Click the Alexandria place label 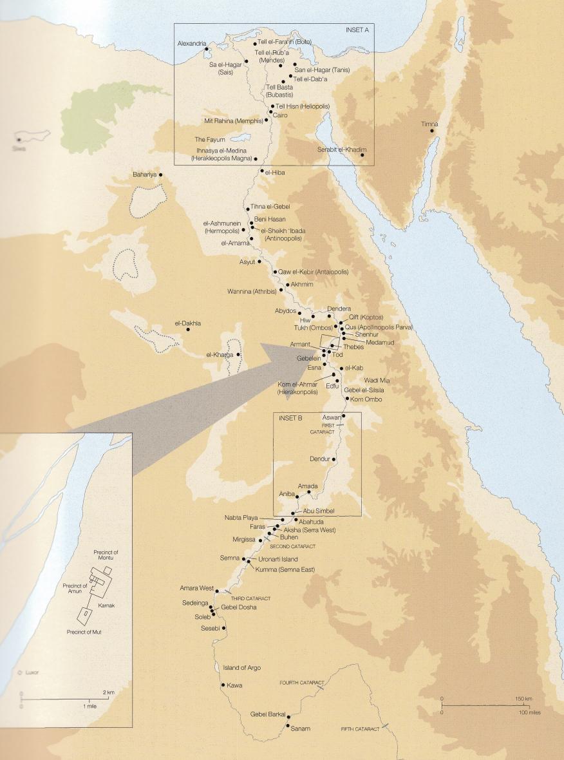click(192, 44)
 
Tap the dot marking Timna click(432, 131)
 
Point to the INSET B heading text click(290, 419)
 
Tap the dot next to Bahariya click(160, 175)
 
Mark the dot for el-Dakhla click(188, 330)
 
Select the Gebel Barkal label click(267, 714)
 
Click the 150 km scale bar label click(523, 699)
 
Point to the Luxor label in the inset click(32, 672)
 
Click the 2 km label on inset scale click(108, 692)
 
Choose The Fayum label click(211, 139)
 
